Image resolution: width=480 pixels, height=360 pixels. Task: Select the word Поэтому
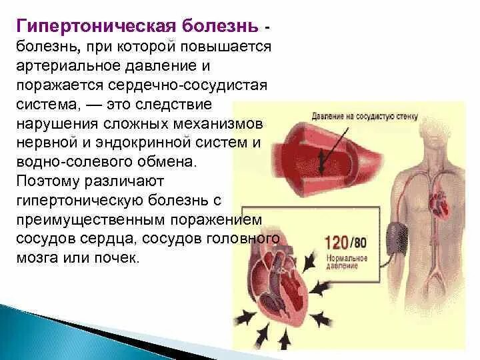tap(47, 181)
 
